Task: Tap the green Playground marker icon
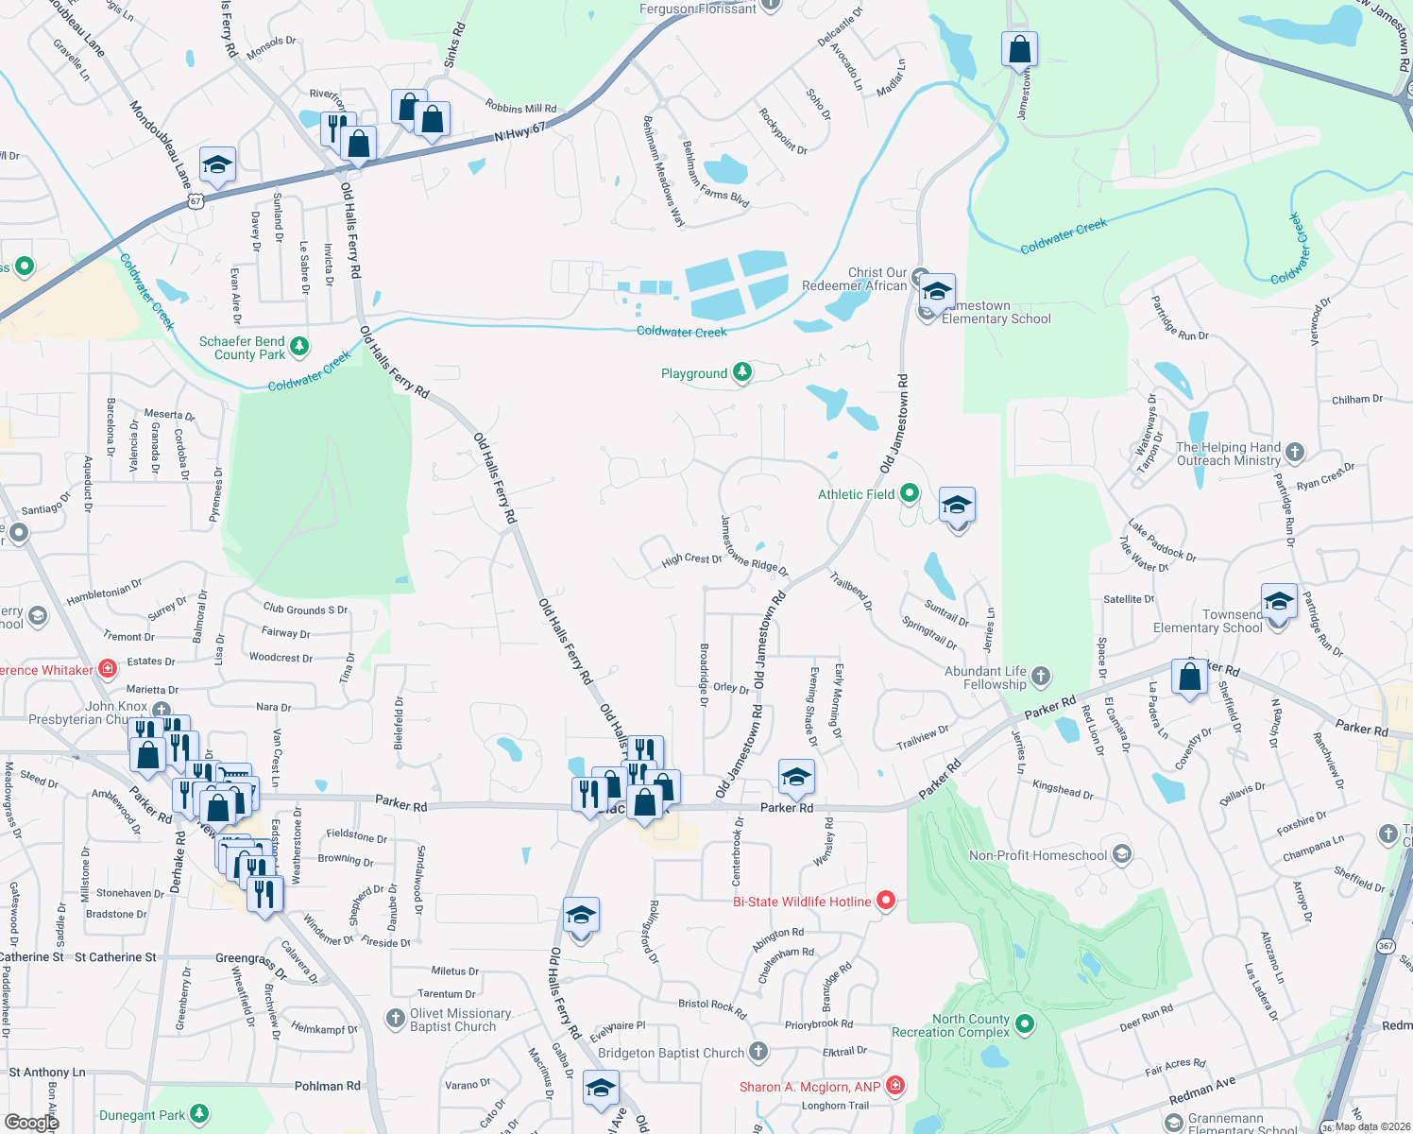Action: coord(742,372)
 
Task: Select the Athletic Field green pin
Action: coord(909,492)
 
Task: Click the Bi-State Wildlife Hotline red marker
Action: coord(886,901)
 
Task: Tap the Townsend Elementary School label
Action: coord(1207,621)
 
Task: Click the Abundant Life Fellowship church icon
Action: coord(1040,676)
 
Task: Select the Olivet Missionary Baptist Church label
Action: coord(460,1020)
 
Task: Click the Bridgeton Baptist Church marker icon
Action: coord(758,1051)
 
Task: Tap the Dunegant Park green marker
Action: coord(198,1114)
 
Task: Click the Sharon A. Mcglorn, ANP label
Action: coord(809,1087)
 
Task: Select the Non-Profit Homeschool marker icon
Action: coord(1121,854)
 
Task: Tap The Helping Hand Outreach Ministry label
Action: coord(1228,454)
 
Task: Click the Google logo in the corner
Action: coord(31,1123)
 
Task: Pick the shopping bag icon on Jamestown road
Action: coord(1019,49)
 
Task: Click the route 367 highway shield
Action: coord(1386,945)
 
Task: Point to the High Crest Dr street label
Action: coord(691,559)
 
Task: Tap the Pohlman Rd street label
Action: coord(327,1086)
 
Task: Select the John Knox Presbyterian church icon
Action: coord(162,709)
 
